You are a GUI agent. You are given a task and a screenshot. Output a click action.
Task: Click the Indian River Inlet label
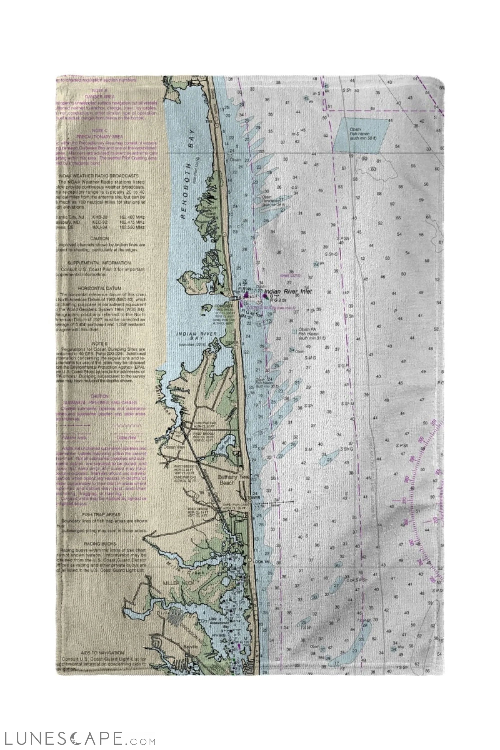(x=288, y=291)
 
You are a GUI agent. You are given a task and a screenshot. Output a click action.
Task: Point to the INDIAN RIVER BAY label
(x=197, y=335)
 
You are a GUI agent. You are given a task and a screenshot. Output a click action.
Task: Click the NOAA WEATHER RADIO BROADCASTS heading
(x=99, y=176)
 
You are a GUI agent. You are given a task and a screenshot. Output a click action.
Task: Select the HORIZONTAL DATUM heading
(x=99, y=288)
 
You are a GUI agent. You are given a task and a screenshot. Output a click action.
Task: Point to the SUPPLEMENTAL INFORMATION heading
(x=99, y=263)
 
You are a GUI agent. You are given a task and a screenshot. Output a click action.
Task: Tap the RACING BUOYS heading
(x=100, y=543)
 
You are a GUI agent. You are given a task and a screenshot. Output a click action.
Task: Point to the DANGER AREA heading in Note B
(x=100, y=96)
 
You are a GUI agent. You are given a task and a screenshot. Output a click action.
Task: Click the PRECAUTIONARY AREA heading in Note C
(x=99, y=136)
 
